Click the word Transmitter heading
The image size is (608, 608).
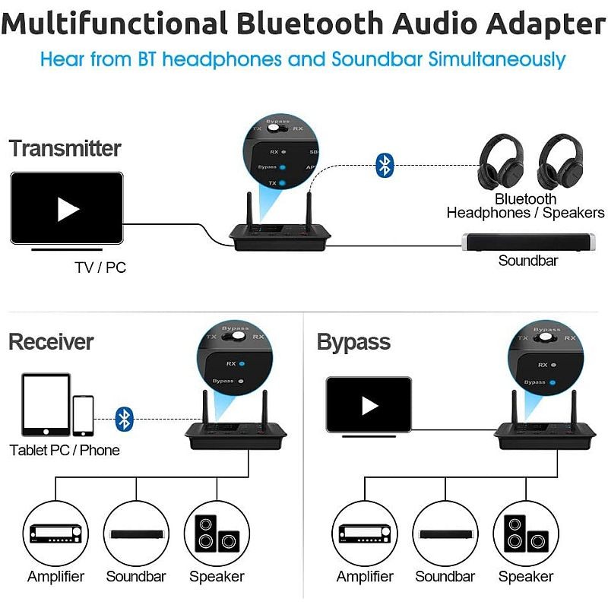click(65, 148)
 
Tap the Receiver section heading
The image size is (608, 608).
click(51, 342)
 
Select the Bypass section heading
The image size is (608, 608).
click(353, 342)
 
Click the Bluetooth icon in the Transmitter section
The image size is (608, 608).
click(385, 166)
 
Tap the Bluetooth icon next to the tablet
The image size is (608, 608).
click(124, 418)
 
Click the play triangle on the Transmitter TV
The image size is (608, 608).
click(68, 209)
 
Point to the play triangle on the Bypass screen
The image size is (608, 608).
click(369, 406)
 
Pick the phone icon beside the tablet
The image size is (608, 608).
click(83, 416)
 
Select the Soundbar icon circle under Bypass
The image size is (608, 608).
click(445, 534)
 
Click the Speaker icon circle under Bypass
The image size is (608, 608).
click(525, 534)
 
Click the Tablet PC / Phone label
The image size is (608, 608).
click(65, 450)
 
